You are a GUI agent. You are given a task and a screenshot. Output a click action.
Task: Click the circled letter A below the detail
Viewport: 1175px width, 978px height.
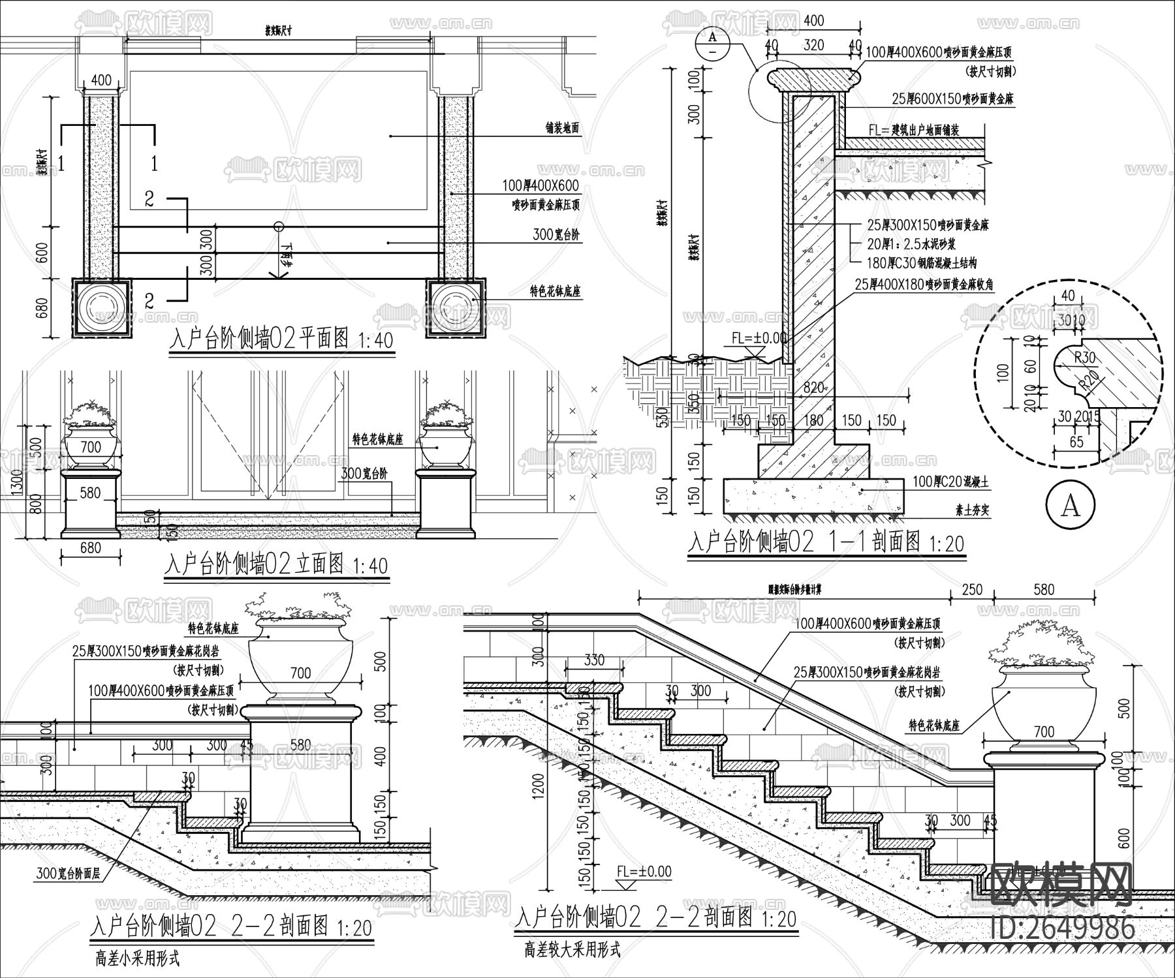point(1071,506)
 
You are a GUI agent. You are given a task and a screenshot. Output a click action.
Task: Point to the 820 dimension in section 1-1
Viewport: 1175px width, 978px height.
point(813,388)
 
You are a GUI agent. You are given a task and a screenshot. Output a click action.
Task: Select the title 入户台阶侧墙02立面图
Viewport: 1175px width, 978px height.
point(255,564)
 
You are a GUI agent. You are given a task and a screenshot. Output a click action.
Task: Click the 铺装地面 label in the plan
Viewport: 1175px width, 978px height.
point(562,129)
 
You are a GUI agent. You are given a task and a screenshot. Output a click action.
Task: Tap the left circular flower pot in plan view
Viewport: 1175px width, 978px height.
point(101,308)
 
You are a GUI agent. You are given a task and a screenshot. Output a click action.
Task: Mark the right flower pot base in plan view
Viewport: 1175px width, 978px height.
point(456,308)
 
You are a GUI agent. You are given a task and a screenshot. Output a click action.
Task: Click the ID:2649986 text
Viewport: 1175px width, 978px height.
point(1062,926)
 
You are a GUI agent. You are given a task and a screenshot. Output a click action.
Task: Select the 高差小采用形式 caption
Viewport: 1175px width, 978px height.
point(136,958)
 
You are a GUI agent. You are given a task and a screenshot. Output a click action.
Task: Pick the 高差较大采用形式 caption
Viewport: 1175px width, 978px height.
point(572,949)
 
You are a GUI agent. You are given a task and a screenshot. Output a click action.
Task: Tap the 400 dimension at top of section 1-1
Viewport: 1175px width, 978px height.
point(813,20)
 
